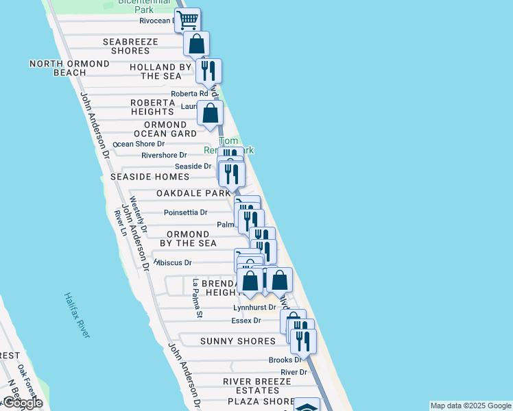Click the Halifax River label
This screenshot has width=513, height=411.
coord(77,315)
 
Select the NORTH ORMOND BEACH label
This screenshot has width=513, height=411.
coord(69,68)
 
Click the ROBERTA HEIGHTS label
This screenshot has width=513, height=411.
coord(152,107)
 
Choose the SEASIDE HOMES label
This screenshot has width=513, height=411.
coord(150,177)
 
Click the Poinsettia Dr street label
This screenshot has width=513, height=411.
coord(185,212)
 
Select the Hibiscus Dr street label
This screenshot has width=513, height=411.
coord(174,262)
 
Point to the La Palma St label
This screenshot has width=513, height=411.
coord(198,299)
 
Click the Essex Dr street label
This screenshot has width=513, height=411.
coord(246,321)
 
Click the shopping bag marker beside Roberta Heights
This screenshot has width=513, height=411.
coord(210,112)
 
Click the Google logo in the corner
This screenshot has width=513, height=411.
coord(23,403)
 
